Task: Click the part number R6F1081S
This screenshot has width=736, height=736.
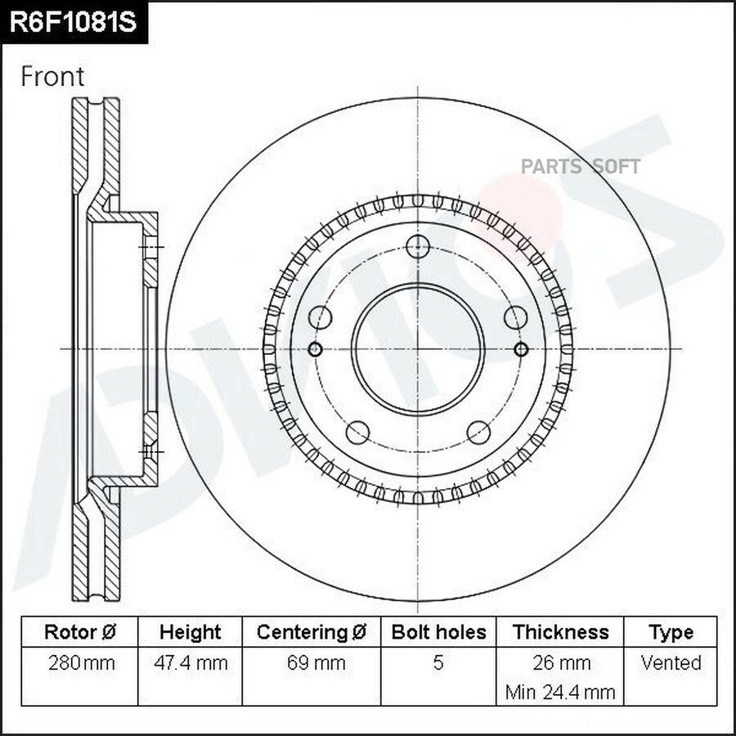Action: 73,22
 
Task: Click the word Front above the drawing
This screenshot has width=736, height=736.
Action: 52,77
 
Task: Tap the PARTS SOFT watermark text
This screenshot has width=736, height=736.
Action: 581,167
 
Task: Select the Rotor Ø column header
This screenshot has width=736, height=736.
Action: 80,632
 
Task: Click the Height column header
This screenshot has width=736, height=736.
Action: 190,632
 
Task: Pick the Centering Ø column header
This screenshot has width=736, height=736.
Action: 312,632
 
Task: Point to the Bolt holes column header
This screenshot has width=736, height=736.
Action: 438,632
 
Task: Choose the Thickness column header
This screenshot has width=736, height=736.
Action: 560,632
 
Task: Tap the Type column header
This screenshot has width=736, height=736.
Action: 671,633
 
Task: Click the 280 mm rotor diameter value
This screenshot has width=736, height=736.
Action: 81,663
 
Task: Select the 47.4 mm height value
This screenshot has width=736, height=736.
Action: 191,663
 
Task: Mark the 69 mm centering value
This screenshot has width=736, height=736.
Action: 316,663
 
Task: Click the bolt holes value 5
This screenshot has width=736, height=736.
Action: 438,662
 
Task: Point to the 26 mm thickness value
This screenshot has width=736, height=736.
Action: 561,663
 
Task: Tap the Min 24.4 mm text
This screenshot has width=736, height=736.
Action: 560,693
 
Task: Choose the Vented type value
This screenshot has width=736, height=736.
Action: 671,662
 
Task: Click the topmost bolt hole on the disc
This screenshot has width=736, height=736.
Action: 418,246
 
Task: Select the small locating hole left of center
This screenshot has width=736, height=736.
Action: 315,349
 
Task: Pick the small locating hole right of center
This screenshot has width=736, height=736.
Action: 521,349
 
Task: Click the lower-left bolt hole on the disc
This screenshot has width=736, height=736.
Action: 357,433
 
